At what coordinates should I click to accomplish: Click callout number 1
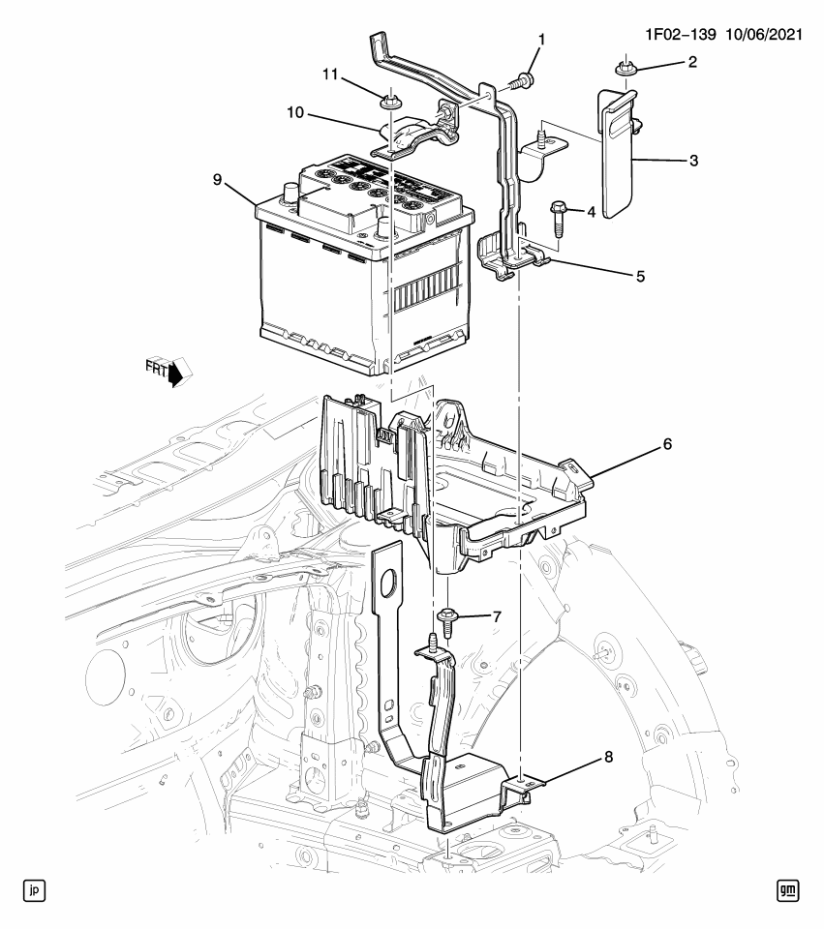[541, 40]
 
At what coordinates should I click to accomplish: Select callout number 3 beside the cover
[693, 159]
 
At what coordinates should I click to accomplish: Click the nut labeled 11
[391, 100]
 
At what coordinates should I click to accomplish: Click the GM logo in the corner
[789, 889]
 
